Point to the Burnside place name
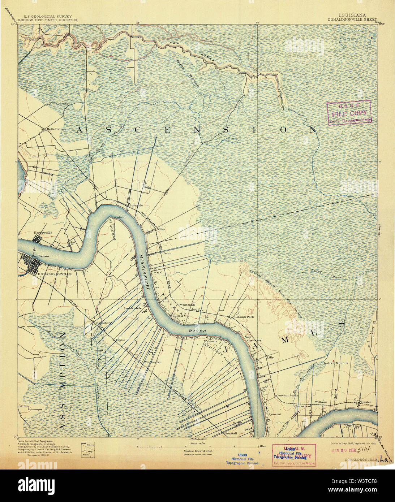136,205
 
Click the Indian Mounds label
336,363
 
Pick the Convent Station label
287,395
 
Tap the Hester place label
366,402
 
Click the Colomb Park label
244,317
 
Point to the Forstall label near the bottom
231,433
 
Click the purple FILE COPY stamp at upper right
349,113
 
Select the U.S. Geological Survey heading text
48,16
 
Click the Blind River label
322,274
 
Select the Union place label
167,253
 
